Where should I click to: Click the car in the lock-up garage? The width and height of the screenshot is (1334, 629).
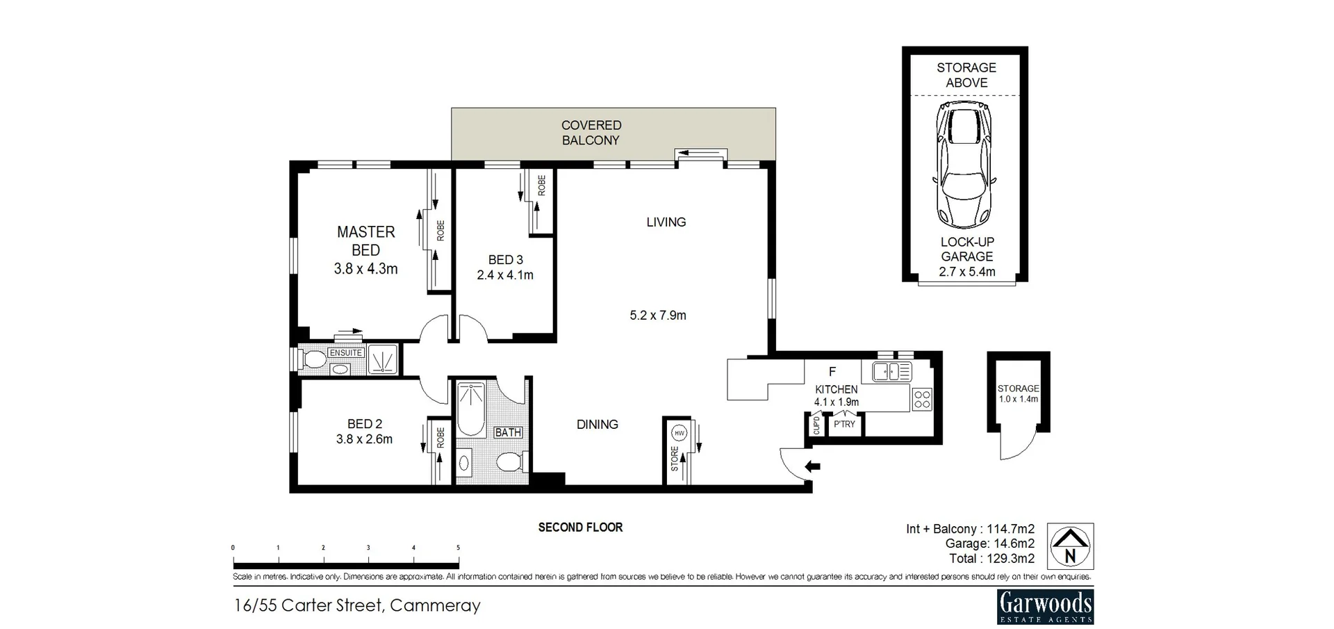(965, 165)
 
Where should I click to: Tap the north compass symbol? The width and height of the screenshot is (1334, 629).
(1070, 546)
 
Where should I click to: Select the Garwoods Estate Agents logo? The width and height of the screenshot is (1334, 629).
(1045, 607)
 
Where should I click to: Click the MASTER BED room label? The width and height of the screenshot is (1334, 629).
(366, 241)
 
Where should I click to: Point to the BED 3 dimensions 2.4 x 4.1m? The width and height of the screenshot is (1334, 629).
(505, 275)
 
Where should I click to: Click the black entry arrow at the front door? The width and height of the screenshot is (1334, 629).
(812, 466)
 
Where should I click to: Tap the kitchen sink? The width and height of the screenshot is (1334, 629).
(892, 372)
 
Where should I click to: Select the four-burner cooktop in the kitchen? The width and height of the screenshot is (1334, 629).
(922, 399)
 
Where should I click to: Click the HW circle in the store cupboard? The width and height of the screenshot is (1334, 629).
(679, 433)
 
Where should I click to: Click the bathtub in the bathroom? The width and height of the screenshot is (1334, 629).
(471, 409)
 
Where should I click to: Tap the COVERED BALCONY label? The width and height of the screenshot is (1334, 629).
(591, 133)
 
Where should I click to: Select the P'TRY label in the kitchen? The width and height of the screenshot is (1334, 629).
(844, 424)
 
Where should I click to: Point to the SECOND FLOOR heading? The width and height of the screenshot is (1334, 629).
(580, 528)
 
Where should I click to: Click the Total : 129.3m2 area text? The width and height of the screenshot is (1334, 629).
(991, 558)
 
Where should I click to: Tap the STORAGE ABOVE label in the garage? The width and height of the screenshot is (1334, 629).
(966, 75)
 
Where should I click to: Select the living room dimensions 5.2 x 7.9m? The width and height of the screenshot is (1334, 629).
(658, 316)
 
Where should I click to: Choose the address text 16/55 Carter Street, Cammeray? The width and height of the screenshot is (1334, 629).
(357, 605)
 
